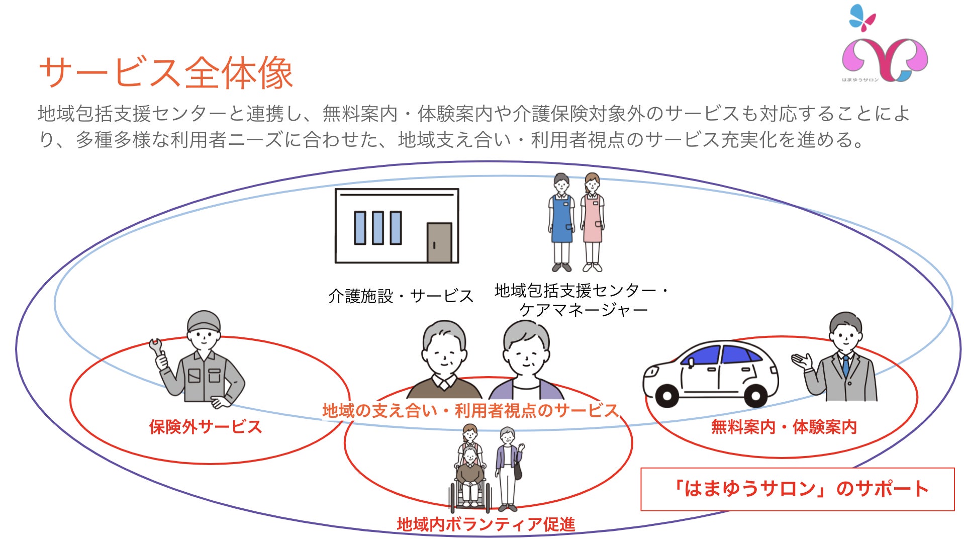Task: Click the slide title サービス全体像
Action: coord(166,73)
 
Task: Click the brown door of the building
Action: coord(439,242)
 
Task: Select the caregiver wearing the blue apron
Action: coord(561,221)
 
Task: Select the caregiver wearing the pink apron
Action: coord(593,221)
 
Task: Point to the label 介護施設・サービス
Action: coord(401,296)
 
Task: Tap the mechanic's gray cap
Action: coord(203,320)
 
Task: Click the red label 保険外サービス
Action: coord(205,427)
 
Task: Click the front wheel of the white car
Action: coord(667,396)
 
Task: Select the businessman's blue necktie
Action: coord(846,366)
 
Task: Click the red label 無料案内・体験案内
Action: coord(784,427)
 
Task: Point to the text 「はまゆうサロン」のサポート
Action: coord(801,489)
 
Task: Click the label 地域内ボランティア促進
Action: coord(486,524)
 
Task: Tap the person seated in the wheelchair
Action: coord(470,475)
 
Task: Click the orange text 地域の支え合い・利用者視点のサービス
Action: coord(470,411)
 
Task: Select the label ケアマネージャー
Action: coord(583,310)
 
